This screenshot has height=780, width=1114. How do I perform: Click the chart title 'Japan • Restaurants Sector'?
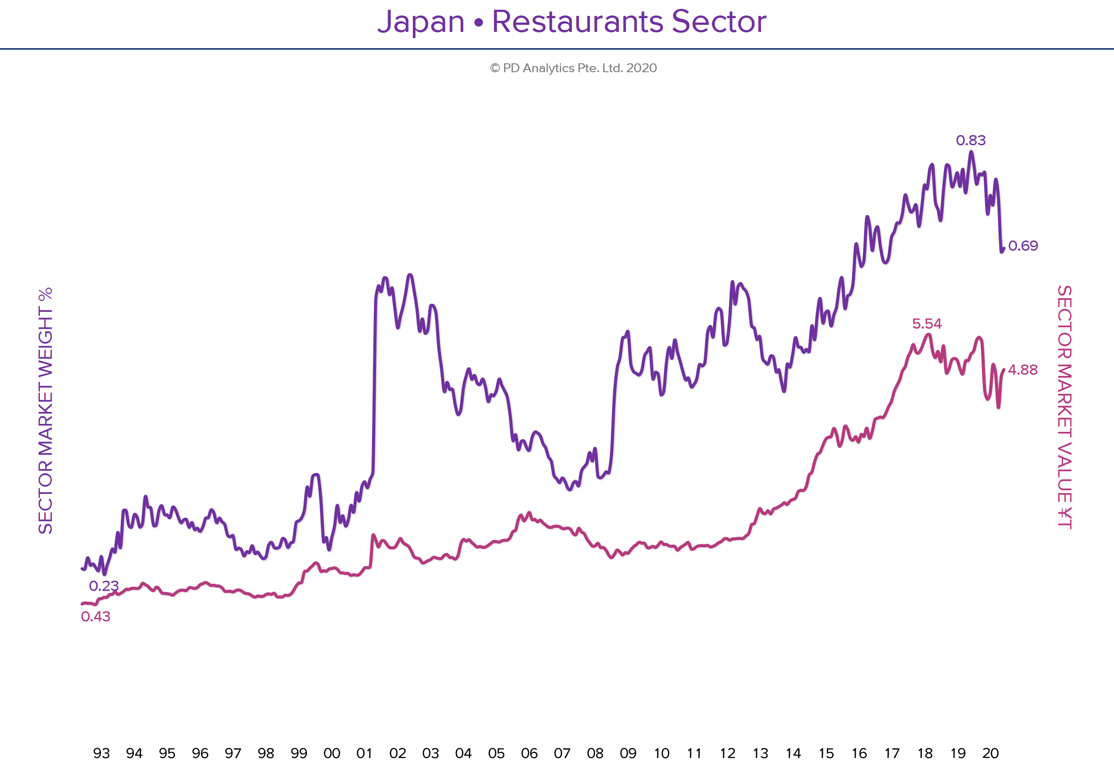571,22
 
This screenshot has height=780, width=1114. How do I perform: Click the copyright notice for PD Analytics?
573,68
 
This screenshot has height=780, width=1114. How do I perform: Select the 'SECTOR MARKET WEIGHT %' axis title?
45,410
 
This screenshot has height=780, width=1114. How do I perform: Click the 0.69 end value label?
1023,246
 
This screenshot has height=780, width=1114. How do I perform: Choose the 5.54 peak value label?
927,323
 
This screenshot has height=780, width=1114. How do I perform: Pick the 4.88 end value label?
1023,370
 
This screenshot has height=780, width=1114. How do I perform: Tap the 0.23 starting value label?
103,586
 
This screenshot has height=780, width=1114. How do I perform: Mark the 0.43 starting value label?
96,617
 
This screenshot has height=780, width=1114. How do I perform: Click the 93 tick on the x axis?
101,753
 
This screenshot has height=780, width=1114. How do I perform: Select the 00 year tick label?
332,753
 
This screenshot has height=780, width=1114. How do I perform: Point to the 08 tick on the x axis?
595,753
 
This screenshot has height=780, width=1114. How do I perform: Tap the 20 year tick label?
990,753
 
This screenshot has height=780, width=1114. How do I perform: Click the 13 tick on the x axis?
760,753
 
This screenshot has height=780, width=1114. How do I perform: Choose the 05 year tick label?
497,753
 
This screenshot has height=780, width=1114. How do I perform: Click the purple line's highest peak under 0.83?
971,152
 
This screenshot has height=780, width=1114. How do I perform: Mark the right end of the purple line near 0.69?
1003,249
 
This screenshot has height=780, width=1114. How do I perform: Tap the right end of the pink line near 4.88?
1003,370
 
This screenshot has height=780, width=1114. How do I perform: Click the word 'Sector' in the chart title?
719,22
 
